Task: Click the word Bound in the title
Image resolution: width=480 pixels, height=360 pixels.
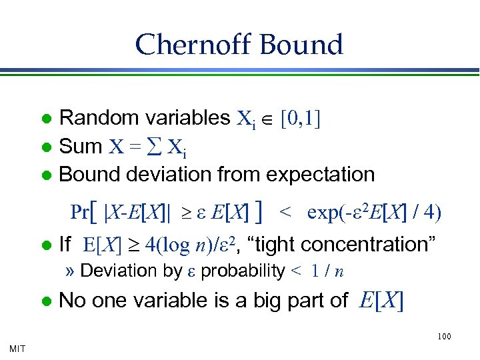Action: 302,45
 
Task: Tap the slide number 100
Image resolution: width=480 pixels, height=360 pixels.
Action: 445,337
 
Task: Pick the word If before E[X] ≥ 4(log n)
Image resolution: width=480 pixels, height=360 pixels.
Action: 65,245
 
